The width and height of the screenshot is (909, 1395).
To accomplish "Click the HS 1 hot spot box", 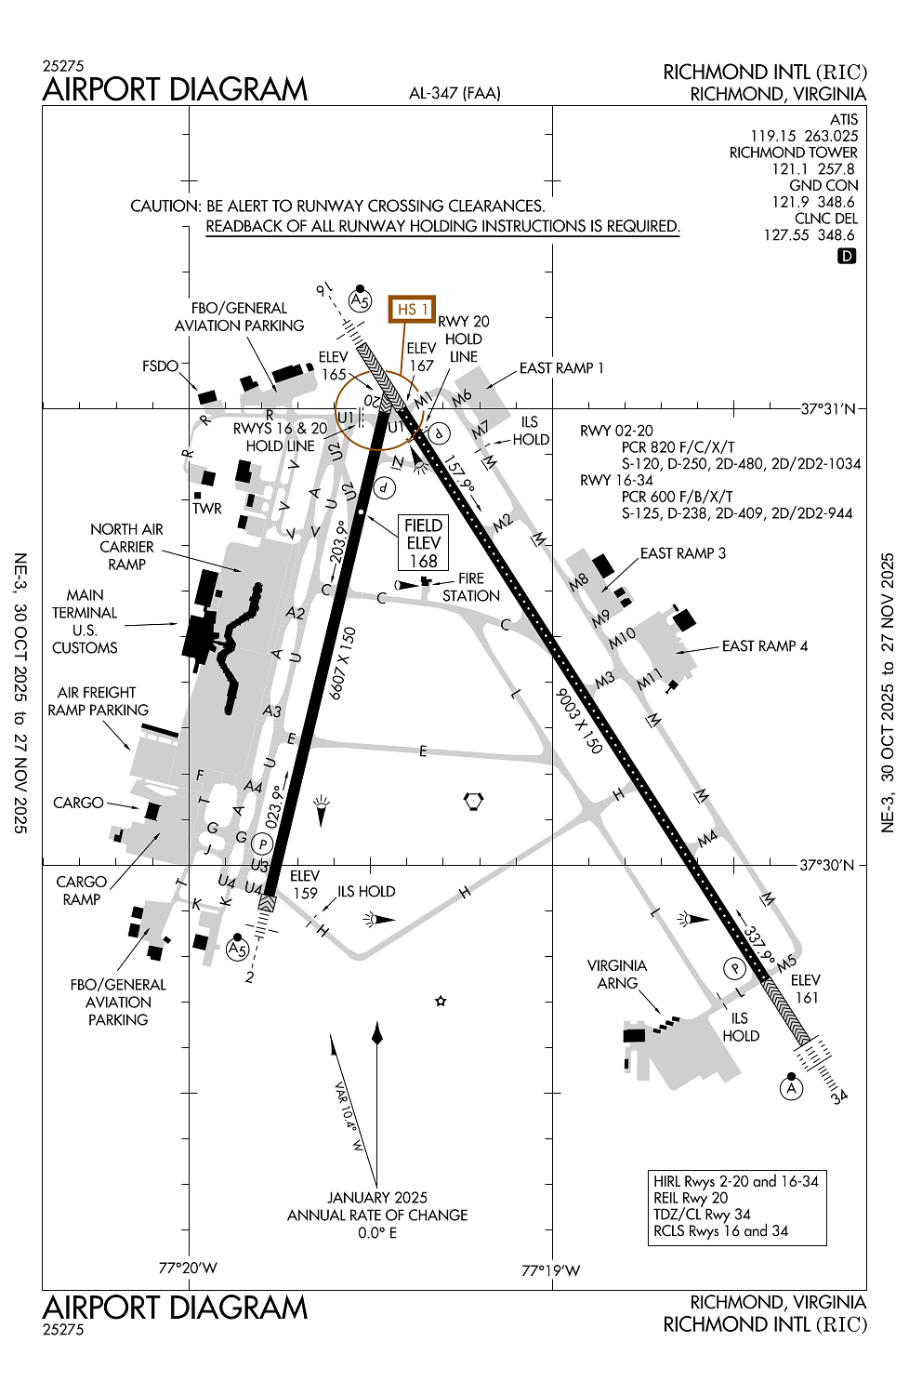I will pyautogui.click(x=412, y=309).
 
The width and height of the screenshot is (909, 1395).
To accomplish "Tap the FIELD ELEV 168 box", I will pyautogui.click(x=423, y=543).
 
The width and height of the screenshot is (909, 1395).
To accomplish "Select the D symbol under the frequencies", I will pyautogui.click(x=846, y=256).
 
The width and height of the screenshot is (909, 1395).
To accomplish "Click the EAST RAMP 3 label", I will pyautogui.click(x=683, y=553).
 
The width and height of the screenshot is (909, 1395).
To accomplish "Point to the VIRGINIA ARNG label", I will pyautogui.click(x=617, y=975).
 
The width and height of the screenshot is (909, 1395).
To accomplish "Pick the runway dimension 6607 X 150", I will pyautogui.click(x=343, y=662).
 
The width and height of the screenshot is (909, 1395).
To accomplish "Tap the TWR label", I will pyautogui.click(x=207, y=509).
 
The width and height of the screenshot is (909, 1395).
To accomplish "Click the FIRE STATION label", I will pyautogui.click(x=470, y=587).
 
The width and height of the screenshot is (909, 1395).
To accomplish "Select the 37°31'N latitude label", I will pyautogui.click(x=828, y=408).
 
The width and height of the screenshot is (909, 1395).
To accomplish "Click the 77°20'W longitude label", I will pyautogui.click(x=188, y=1268).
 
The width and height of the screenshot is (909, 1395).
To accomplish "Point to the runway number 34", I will pyautogui.click(x=839, y=1096).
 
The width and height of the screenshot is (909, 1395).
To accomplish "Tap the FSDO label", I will pyautogui.click(x=160, y=366).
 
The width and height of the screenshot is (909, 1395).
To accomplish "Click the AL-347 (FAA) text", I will pyautogui.click(x=454, y=93).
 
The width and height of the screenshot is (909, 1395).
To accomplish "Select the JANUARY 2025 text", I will pyautogui.click(x=377, y=1198).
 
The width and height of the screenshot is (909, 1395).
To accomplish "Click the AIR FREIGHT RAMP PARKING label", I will pyautogui.click(x=98, y=701).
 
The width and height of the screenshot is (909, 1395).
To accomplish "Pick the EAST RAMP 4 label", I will pyautogui.click(x=765, y=646).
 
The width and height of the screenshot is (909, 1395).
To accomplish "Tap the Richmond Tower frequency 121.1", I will pyautogui.click(x=790, y=169).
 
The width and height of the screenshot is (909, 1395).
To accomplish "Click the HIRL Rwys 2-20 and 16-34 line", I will pyautogui.click(x=736, y=1181).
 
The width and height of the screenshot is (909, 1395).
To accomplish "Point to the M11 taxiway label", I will pyautogui.click(x=649, y=680).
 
